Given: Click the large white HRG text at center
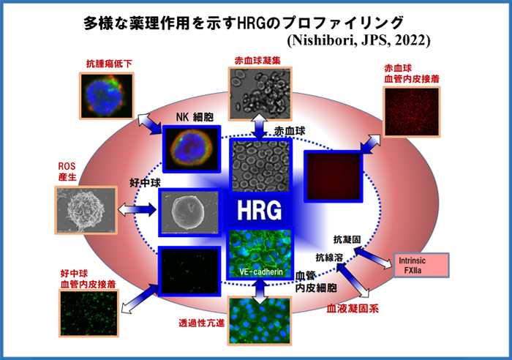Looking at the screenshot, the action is pyautogui.click(x=259, y=210).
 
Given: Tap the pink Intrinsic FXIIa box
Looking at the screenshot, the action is pyautogui.click(x=421, y=266).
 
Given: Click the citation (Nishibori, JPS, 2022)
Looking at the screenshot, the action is pyautogui.click(x=359, y=40).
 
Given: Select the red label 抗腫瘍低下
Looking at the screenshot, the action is pyautogui.click(x=109, y=64).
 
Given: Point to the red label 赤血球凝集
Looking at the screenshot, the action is pyautogui.click(x=257, y=61).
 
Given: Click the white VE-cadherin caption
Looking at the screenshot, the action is pyautogui.click(x=261, y=271).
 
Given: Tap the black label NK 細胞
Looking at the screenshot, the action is pyautogui.click(x=195, y=117).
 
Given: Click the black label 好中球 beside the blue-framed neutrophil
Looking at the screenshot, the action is pyautogui.click(x=145, y=183).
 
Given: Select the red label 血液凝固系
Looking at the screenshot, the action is pyautogui.click(x=353, y=309).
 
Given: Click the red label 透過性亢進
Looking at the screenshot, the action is pyautogui.click(x=201, y=323).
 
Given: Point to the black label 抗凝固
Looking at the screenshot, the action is pyautogui.click(x=347, y=239).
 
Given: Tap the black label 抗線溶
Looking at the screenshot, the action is pyautogui.click(x=329, y=258).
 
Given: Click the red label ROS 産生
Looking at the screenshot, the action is pyautogui.click(x=67, y=171).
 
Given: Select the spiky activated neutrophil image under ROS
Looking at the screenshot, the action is pyautogui.click(x=86, y=211).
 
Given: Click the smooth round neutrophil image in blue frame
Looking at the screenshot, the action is pyautogui.click(x=189, y=212).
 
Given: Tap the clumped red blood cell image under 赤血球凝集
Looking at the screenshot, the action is pyautogui.click(x=260, y=94).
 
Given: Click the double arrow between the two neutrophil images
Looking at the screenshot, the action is pyautogui.click(x=138, y=209).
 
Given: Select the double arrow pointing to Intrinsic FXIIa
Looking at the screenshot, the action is pyautogui.click(x=373, y=258).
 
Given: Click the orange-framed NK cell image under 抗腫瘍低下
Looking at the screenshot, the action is pyautogui.click(x=107, y=95).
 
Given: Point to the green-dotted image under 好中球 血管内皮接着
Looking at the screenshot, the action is pyautogui.click(x=89, y=313).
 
